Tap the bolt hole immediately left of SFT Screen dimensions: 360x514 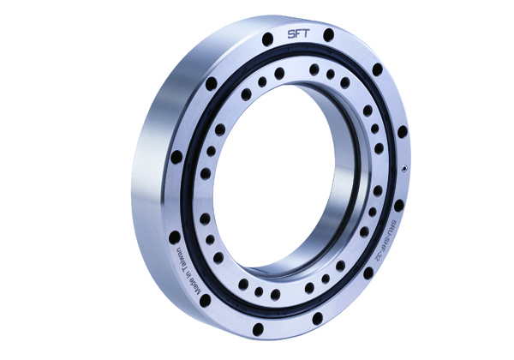click(x=268, y=37)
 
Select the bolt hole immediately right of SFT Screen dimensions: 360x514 click(x=328, y=34)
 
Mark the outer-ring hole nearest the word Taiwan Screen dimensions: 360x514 click(x=175, y=237)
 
